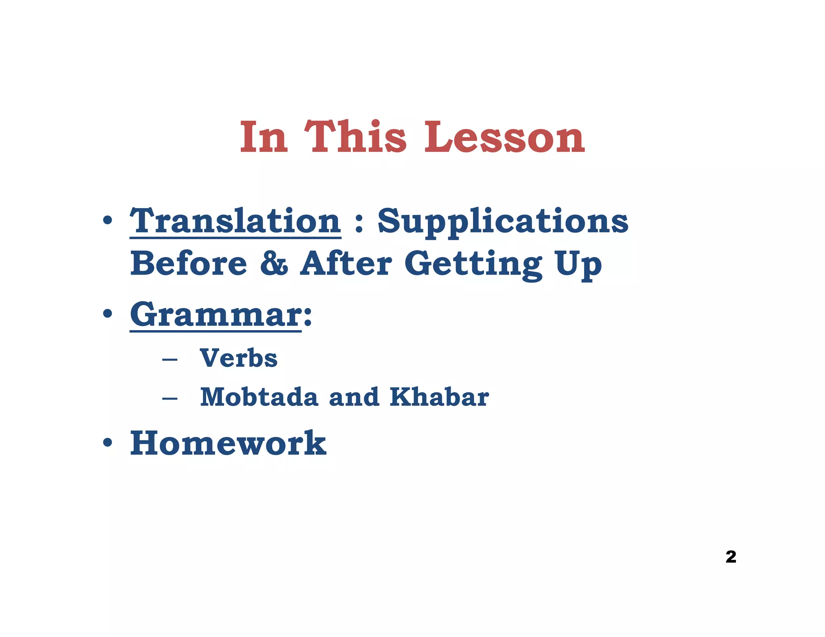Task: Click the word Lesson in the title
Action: click(504, 137)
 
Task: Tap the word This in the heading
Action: click(355, 137)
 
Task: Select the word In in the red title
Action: click(264, 137)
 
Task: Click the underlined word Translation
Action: click(235, 221)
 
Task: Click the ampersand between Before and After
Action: click(274, 264)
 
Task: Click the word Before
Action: click(189, 264)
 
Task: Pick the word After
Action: click(346, 264)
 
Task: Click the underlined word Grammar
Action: click(216, 315)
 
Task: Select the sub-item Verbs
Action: click(238, 358)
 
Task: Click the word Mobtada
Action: click(259, 397)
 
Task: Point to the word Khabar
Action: click(439, 397)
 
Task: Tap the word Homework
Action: click(228, 443)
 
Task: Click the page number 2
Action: click(731, 557)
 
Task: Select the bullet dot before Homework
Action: click(107, 443)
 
